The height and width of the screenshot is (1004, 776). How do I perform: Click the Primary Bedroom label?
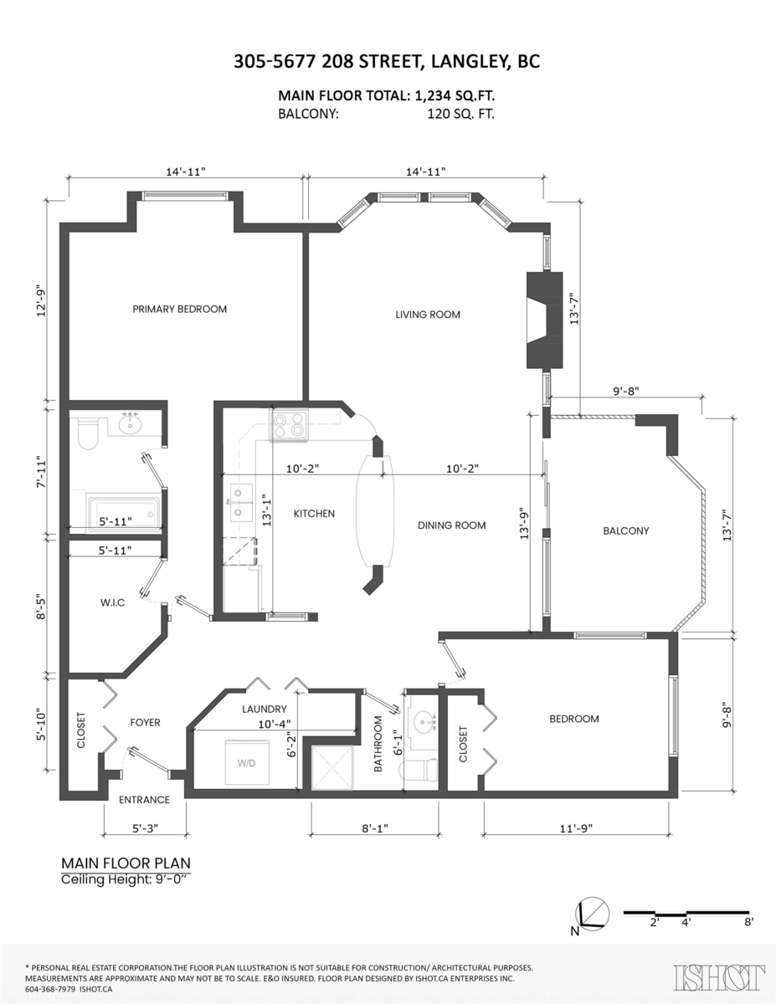point(179,309)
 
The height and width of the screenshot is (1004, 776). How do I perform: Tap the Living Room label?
point(428,315)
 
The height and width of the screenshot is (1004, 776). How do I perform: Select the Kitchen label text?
point(314,514)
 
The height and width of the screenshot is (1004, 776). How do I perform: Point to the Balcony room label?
point(626,531)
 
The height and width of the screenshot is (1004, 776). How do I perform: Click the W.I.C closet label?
point(112,602)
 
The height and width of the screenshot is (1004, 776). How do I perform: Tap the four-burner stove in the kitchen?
point(290,425)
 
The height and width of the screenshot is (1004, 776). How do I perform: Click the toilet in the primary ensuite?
point(87,433)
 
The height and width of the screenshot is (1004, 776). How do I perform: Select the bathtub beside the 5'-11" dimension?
point(124,512)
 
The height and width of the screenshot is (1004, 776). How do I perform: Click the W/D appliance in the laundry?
point(246,763)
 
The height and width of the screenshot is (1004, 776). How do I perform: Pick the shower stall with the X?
point(333,767)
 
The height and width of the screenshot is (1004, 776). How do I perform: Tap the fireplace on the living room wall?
point(544,320)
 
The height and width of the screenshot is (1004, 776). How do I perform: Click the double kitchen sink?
point(241,502)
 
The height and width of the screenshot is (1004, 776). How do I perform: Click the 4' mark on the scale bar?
point(686,922)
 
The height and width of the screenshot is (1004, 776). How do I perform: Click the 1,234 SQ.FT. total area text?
point(455,95)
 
